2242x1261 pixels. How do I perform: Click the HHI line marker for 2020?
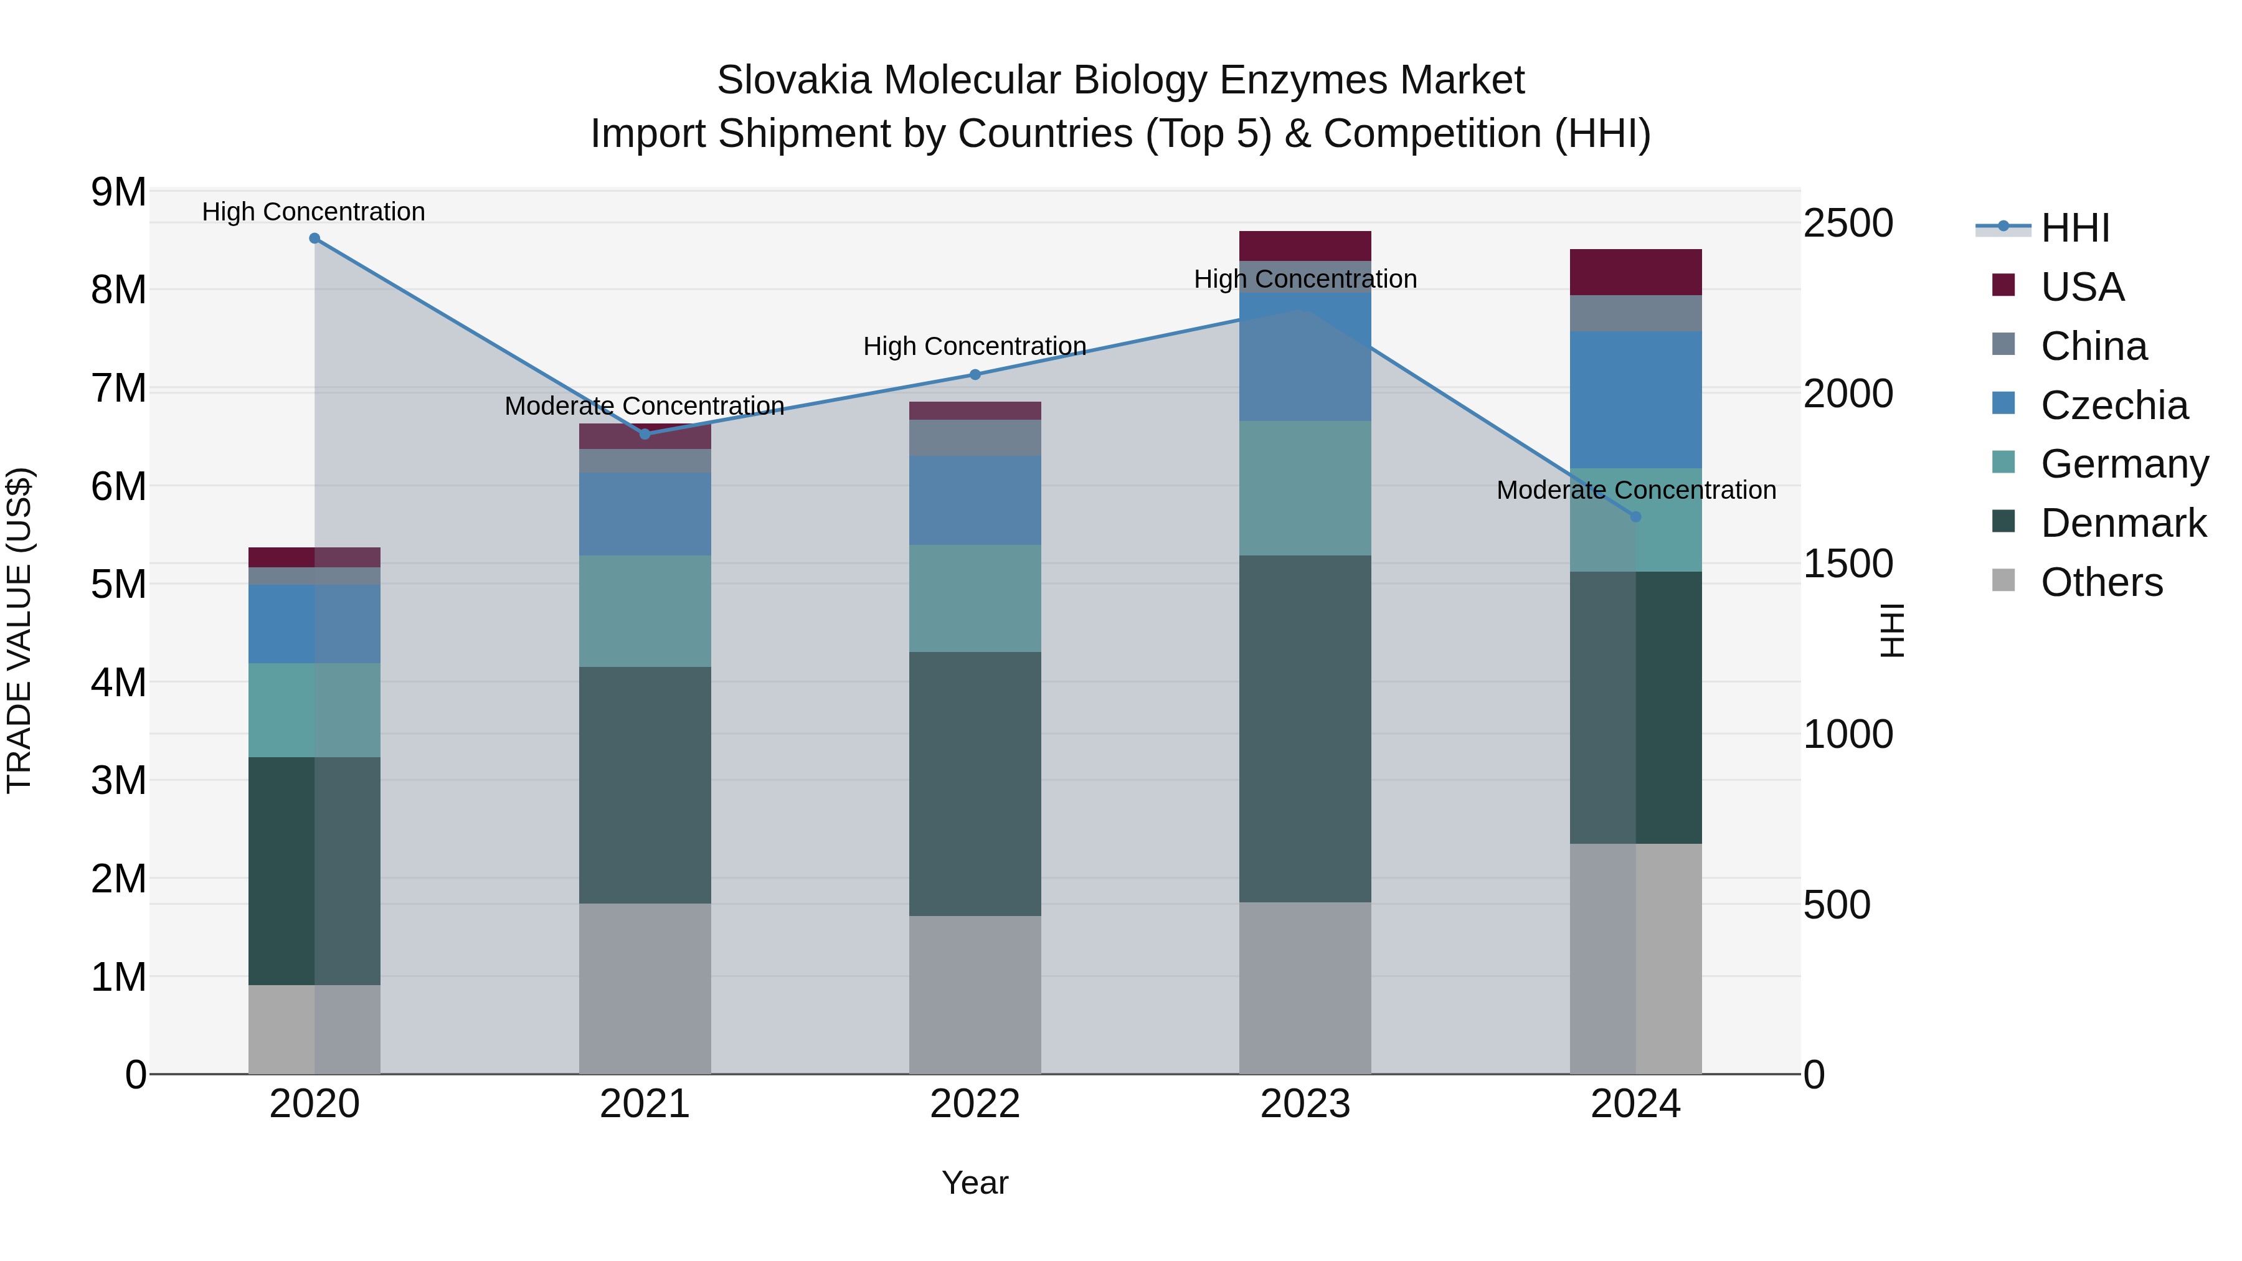click(x=315, y=239)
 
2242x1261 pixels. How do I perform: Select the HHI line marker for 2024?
click(x=1635, y=517)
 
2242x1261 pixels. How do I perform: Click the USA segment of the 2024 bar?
click(x=1635, y=272)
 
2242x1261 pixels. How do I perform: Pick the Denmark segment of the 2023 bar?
click(x=1305, y=729)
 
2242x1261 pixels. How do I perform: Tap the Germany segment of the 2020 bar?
click(x=315, y=710)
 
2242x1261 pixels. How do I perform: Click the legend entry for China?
click(x=2093, y=346)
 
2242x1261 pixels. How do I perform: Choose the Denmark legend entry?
click(x=2123, y=523)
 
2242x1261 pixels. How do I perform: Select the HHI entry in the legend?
click(x=2075, y=228)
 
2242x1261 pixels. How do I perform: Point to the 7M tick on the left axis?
click(x=119, y=388)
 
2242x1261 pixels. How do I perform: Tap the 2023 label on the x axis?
click(x=1305, y=1104)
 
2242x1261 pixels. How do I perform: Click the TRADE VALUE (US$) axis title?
click(x=19, y=630)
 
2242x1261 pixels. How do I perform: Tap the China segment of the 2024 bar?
click(x=1635, y=313)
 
